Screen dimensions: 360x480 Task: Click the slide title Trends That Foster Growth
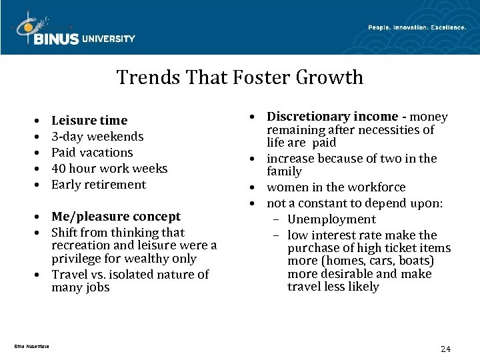pyautogui.click(x=240, y=77)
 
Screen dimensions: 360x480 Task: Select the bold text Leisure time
pyautogui.click(x=89, y=121)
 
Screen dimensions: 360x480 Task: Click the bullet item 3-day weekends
pyautogui.click(x=97, y=137)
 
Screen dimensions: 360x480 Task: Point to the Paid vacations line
pyautogui.click(x=92, y=153)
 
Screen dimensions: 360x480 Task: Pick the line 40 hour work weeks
pyautogui.click(x=109, y=169)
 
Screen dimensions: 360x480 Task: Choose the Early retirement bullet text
pyautogui.click(x=99, y=185)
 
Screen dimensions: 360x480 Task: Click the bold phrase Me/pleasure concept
pyautogui.click(x=116, y=217)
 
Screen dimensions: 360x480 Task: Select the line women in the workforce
pyautogui.click(x=336, y=188)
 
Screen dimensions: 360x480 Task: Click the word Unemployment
pyautogui.click(x=331, y=219)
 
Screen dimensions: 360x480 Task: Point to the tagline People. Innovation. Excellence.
pyautogui.click(x=417, y=27)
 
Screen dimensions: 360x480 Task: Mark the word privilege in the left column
pyautogui.click(x=75, y=259)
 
